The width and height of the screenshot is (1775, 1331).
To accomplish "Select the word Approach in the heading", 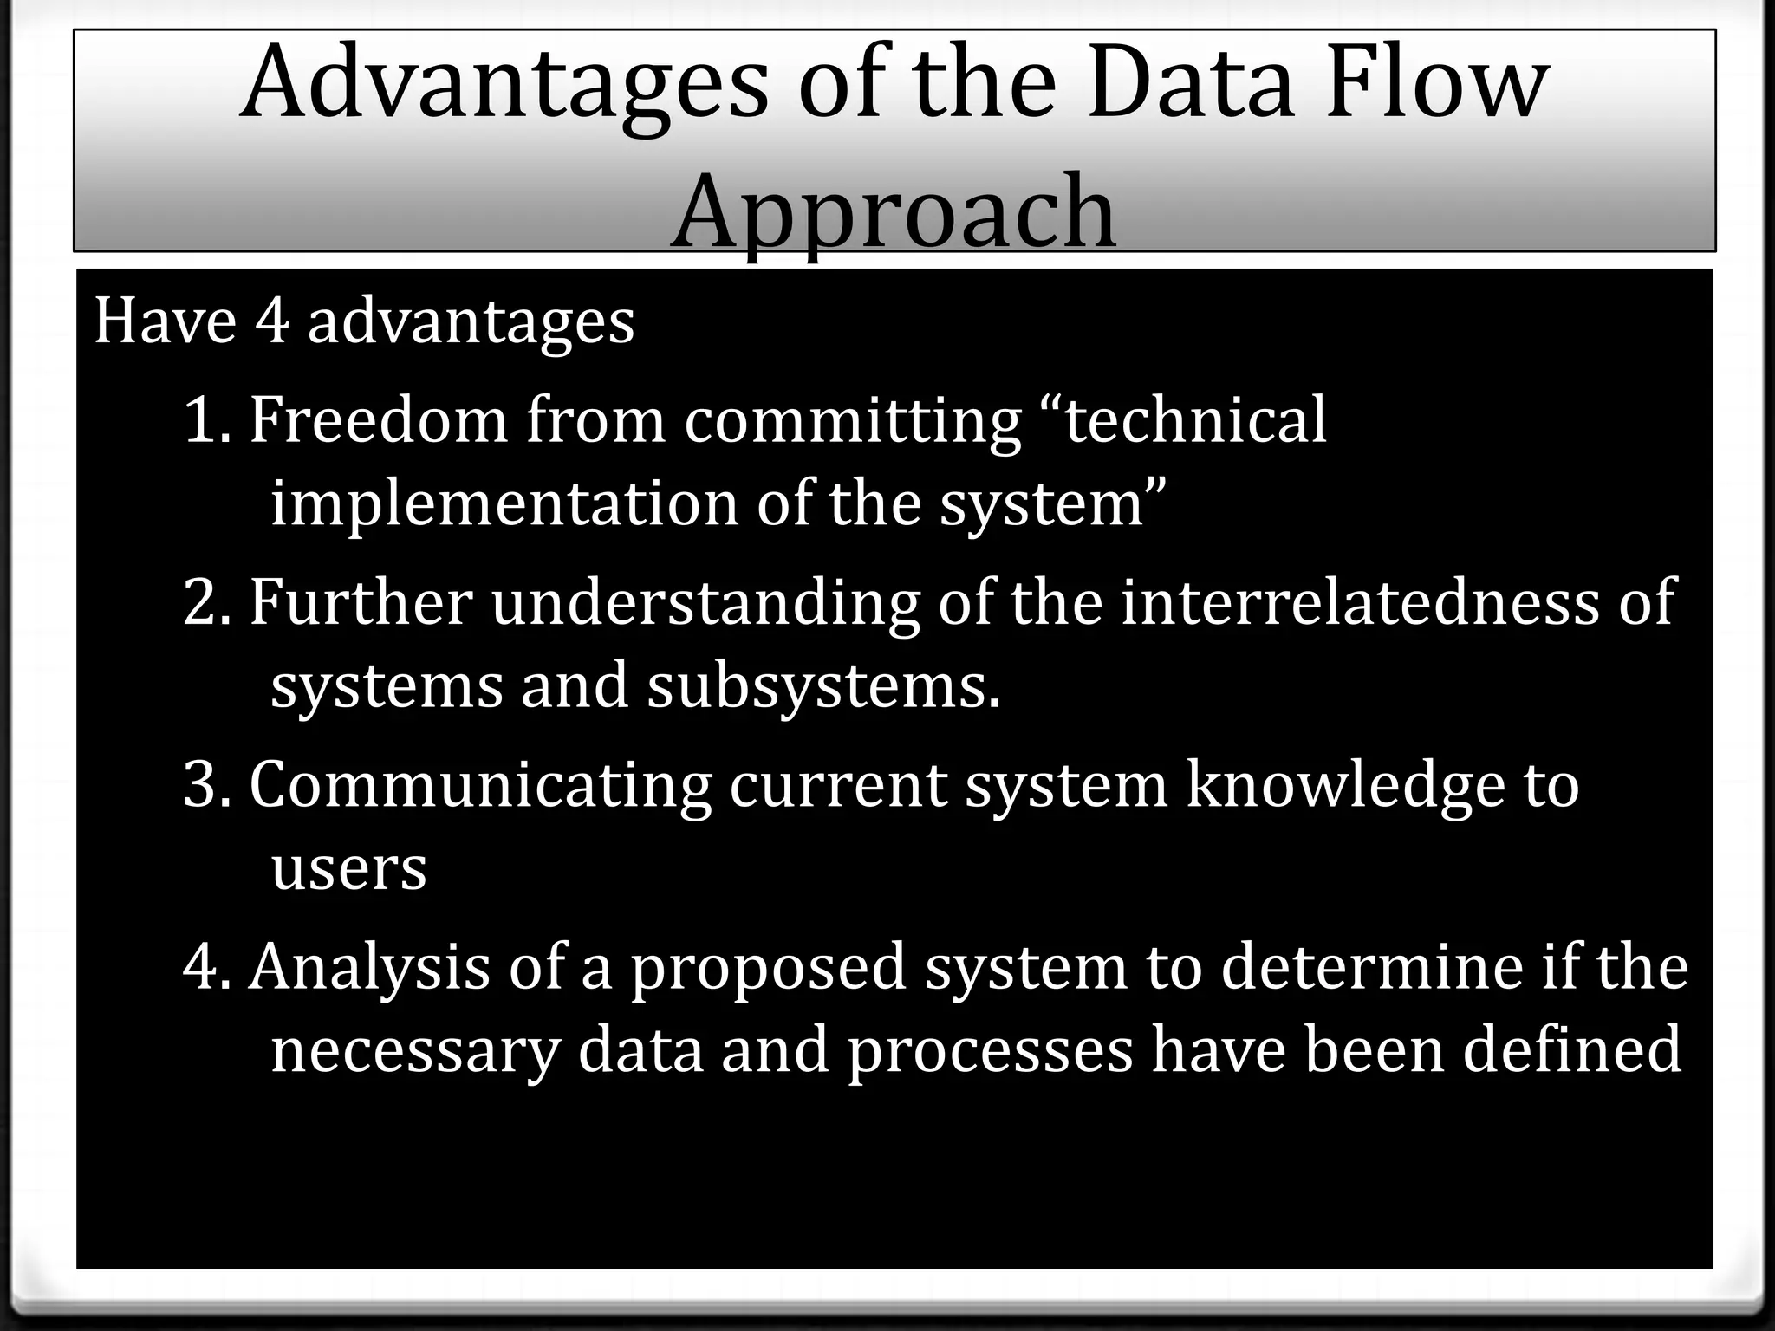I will point(894,212).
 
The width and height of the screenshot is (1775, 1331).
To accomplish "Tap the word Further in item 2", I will point(361,602).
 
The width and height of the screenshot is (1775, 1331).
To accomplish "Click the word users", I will point(349,868).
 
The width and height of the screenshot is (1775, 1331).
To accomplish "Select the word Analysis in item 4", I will point(369,967).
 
